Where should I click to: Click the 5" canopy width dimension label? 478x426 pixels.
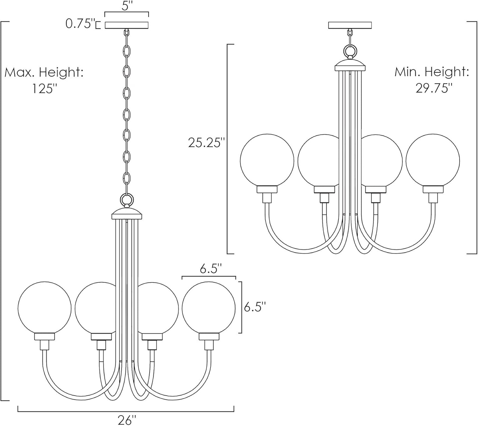(127, 6)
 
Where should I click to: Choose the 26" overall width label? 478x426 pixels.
(127, 420)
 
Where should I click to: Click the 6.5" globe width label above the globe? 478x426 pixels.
(209, 269)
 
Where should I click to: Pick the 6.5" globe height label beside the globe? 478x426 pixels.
(255, 307)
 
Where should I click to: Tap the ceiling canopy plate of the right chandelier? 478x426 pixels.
(350, 25)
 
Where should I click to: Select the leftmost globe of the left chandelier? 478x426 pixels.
(44, 308)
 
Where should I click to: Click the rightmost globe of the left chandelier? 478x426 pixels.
(209, 308)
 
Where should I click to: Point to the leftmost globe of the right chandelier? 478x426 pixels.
(267, 160)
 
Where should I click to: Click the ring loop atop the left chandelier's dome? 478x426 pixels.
(127, 201)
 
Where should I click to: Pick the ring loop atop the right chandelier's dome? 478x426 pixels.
(350, 51)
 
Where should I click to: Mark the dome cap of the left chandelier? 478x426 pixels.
(127, 214)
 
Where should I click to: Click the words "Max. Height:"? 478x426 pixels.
(44, 73)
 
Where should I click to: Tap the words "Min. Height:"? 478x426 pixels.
(432, 72)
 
